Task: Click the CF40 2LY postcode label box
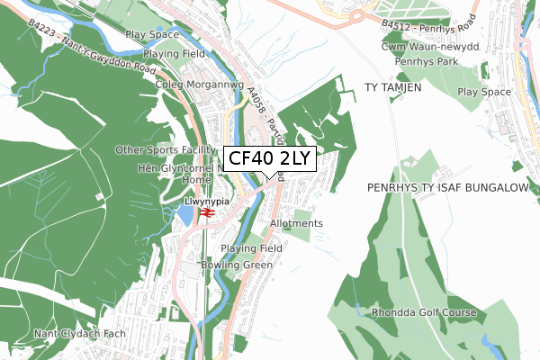(x=269, y=158)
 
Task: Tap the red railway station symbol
(x=206, y=213)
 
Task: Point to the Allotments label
(x=296, y=223)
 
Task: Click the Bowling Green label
(x=237, y=265)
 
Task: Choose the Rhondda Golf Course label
(x=423, y=313)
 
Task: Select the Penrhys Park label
(x=426, y=61)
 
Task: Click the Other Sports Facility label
(x=165, y=149)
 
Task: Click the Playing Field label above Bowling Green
(x=252, y=247)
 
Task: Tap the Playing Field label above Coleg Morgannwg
(x=173, y=54)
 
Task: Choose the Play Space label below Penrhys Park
(x=486, y=92)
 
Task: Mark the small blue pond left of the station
(x=186, y=215)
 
